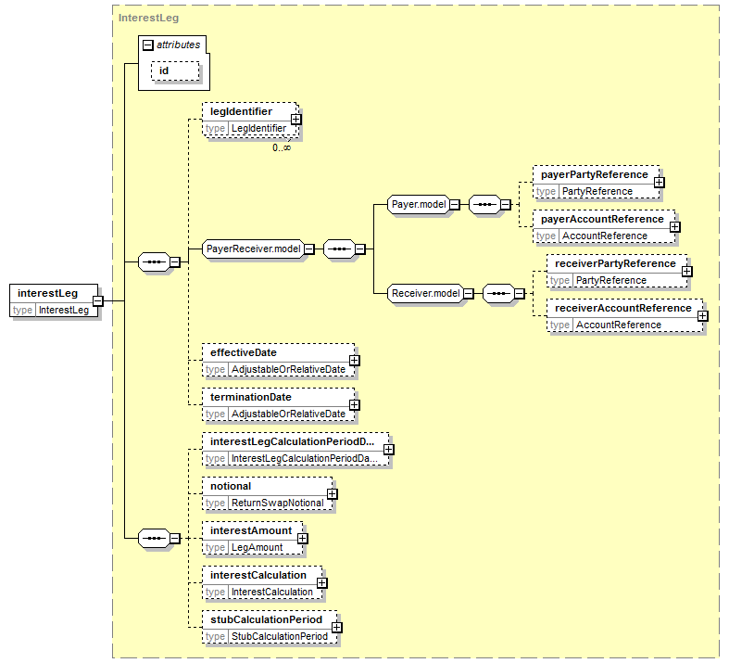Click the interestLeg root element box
coord(54,300)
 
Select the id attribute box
coord(175,71)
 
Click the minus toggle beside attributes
coord(148,45)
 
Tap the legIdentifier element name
coord(241,111)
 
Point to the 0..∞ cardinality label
coord(282,147)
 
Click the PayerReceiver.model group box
coord(254,249)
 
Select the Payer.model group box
coord(419,204)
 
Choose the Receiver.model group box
coord(426,294)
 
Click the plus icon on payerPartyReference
coord(659,183)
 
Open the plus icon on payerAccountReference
coord(674,227)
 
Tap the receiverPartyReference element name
coord(615,263)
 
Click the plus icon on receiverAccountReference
coord(702,316)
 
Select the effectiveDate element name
coord(244,352)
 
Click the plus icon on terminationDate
coord(354,405)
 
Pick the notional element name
coord(231,486)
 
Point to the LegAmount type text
coord(258,548)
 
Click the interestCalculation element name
coord(258,575)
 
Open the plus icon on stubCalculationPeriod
coord(336,628)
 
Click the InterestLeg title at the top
coord(148,19)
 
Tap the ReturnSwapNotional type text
coord(278,503)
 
